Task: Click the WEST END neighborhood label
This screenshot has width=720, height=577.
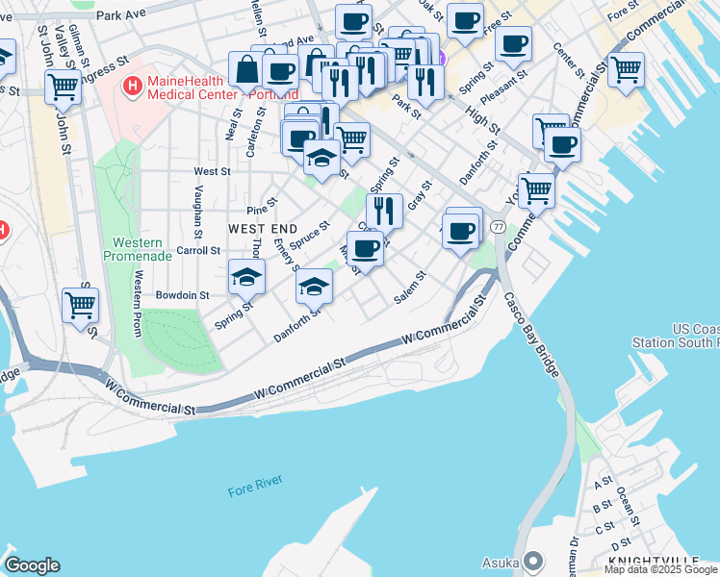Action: click(262, 228)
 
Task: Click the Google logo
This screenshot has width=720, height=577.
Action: click(32, 565)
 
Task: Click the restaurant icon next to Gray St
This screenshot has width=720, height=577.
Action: click(384, 210)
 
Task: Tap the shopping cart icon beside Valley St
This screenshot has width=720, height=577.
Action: click(63, 86)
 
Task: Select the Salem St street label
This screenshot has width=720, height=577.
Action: click(410, 288)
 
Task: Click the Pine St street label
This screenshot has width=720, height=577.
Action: click(262, 206)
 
